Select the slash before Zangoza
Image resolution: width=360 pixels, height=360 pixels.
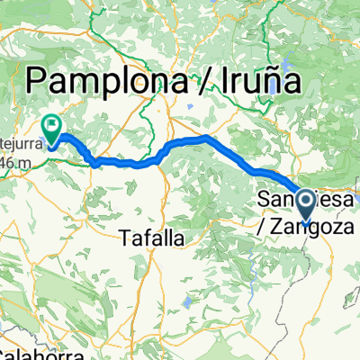click(263, 217)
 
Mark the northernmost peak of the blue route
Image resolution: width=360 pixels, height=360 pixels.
click(207, 137)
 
